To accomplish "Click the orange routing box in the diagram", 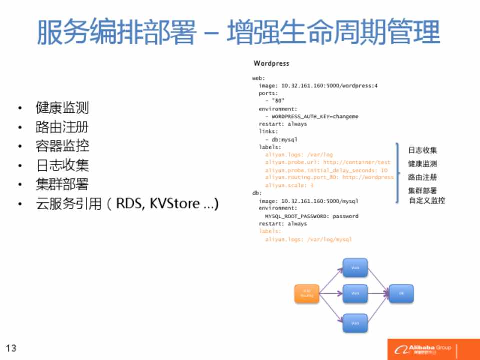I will pos(307,294).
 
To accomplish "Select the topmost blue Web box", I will pos(355,268).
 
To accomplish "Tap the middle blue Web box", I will pos(355,293).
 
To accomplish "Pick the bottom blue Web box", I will pos(355,323).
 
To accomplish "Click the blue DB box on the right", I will pos(401,293).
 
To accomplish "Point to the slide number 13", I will pos(11,348).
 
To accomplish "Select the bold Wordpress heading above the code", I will pos(271,64).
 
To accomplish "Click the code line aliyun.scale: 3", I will pos(289,185).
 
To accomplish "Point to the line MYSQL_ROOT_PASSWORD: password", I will pos(311,216).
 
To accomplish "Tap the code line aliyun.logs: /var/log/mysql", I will pos(308,239).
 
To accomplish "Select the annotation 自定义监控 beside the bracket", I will pos(427,201).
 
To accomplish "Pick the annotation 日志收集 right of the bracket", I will pos(423,150).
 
